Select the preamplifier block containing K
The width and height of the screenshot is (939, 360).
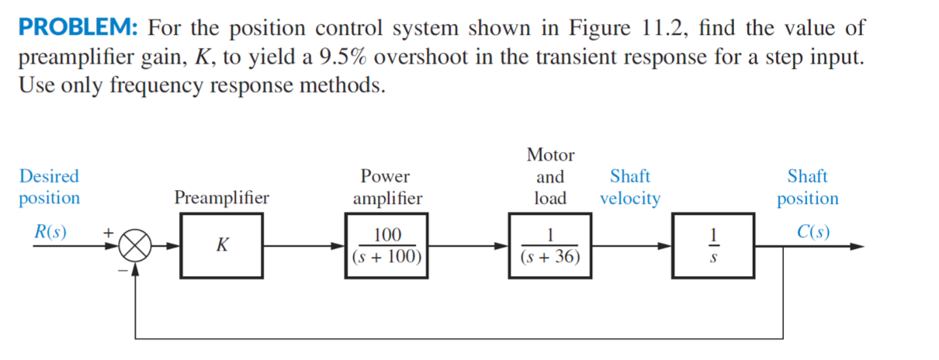(x=222, y=246)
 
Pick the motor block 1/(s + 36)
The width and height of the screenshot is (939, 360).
(x=550, y=246)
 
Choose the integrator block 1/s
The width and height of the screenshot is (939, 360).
(x=713, y=246)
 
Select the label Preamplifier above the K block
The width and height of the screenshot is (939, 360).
(x=222, y=198)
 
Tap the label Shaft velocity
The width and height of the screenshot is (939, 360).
(x=630, y=187)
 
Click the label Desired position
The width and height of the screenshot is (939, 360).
(x=49, y=187)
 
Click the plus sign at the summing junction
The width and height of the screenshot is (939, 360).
(x=109, y=231)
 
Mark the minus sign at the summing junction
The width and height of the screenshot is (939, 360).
(x=122, y=268)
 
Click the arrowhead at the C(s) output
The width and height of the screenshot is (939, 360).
(x=855, y=247)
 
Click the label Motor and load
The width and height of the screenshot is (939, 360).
(x=550, y=176)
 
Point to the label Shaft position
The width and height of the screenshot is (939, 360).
(x=808, y=187)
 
